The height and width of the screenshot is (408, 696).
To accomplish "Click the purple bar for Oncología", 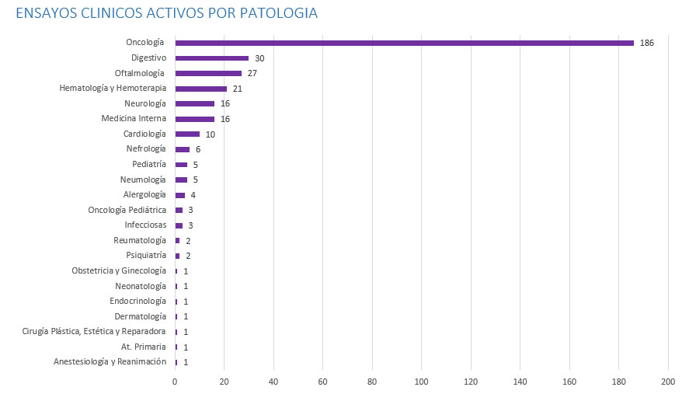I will click(404, 43).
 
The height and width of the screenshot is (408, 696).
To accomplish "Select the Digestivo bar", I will click(212, 58).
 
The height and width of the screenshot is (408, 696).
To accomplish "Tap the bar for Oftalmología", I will click(208, 73).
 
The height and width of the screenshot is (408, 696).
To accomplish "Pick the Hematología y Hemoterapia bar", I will click(201, 89).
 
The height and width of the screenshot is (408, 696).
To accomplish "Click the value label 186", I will click(647, 43).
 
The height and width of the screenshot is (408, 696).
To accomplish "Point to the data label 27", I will click(252, 73).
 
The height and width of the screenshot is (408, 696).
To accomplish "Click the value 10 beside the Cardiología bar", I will click(210, 134).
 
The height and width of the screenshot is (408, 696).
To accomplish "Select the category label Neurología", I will click(144, 103).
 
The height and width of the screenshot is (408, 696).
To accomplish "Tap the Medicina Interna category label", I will click(134, 119).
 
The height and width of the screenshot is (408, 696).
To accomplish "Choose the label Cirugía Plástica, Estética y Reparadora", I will click(94, 332).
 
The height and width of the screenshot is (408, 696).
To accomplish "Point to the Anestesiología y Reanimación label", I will click(110, 362).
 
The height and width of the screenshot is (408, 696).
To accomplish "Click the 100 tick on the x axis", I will click(422, 382).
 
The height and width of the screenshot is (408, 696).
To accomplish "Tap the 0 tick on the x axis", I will click(175, 382).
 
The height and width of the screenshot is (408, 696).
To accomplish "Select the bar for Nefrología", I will click(183, 149).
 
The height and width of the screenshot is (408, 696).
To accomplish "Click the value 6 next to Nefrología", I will click(198, 149).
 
